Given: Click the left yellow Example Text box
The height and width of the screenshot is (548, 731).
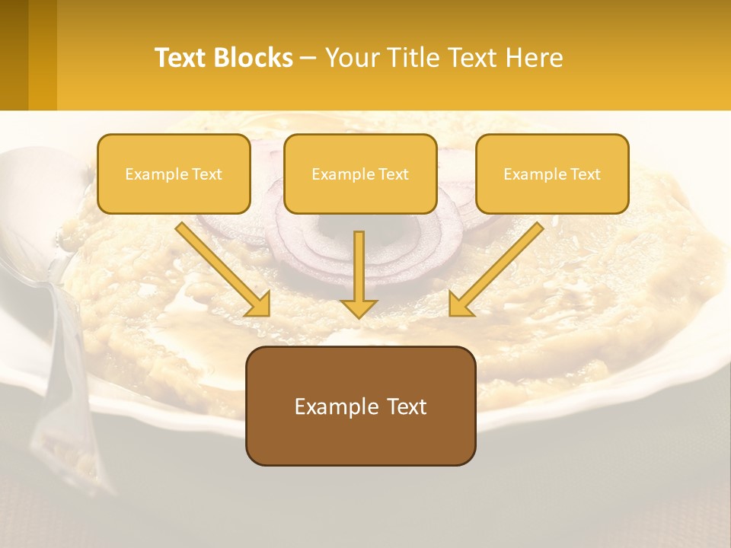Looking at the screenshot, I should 174,174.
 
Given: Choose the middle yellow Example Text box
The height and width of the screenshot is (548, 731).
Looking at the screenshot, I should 360,174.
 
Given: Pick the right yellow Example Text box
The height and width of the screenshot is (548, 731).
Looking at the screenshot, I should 552,174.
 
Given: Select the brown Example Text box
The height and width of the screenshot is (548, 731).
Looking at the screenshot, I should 360,406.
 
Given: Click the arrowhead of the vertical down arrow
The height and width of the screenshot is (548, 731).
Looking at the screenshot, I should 359,307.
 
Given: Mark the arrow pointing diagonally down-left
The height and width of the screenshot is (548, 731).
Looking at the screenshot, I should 495,270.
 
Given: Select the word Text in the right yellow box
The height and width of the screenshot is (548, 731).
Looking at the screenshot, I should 586,174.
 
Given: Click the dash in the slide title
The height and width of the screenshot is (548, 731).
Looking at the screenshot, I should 308,59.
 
